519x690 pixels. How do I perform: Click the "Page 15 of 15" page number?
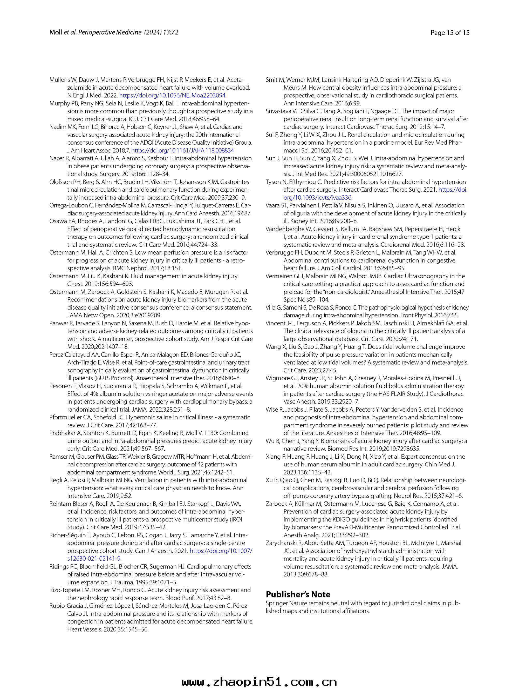click(x=450, y=32)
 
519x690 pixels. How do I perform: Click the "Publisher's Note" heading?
click(x=298, y=594)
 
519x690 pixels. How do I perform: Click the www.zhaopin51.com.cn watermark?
click(x=259, y=680)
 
